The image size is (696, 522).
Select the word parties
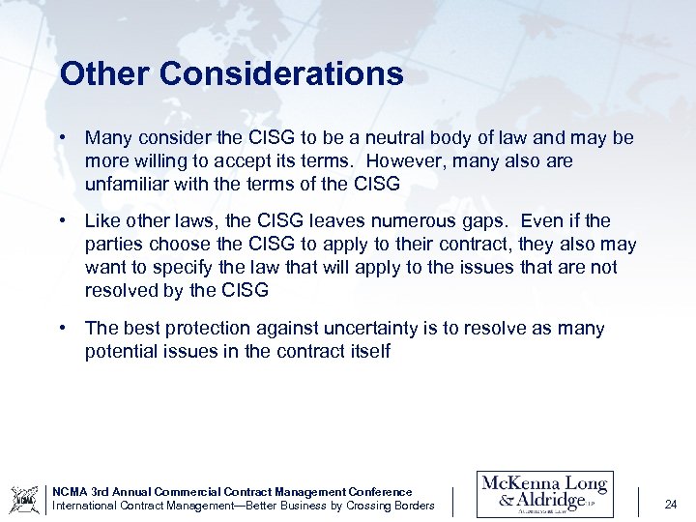tap(115, 245)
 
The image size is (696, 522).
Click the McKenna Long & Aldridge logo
tap(544, 493)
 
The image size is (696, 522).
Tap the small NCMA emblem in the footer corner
tap(24, 499)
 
